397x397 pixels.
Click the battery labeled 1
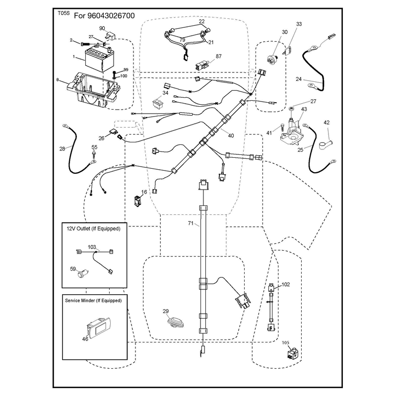[x=99, y=59]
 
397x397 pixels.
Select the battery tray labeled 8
[x=93, y=89]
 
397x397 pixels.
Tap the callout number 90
[x=102, y=28]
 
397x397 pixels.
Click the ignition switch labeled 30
[x=272, y=59]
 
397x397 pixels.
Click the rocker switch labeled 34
[x=158, y=103]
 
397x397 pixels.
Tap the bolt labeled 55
[x=94, y=156]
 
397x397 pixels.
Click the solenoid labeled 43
[x=291, y=131]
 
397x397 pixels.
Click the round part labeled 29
[x=175, y=323]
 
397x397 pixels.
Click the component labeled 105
[x=292, y=353]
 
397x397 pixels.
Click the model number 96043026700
[x=111, y=16]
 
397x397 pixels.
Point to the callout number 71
[x=191, y=223]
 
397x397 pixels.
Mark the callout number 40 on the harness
[x=231, y=135]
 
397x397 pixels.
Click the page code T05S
[x=64, y=13]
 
